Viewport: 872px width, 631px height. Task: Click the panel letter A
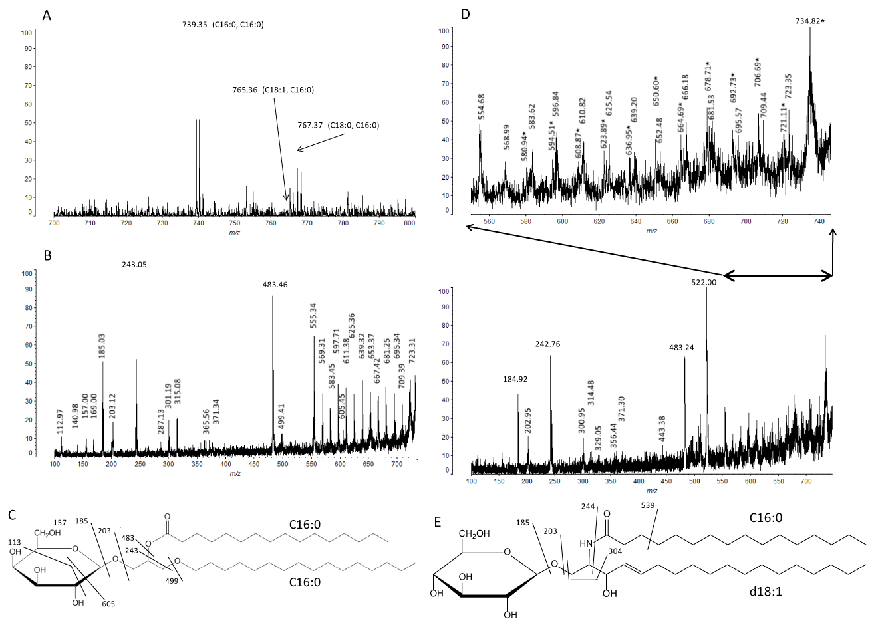(47, 15)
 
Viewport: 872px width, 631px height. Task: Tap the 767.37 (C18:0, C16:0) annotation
(338, 124)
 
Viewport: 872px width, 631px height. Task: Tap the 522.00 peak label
(706, 282)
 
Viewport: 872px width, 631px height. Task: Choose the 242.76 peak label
(550, 344)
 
